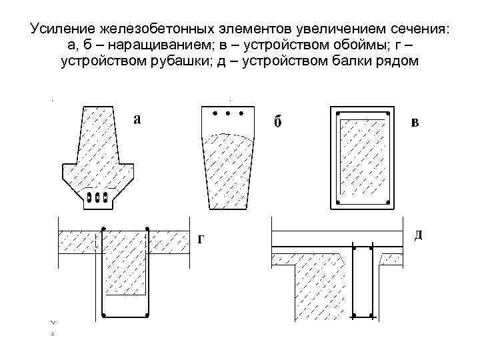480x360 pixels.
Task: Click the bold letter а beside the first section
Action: [x=137, y=119]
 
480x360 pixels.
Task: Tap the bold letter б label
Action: [x=279, y=123]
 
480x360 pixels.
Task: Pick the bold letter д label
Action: [x=418, y=235]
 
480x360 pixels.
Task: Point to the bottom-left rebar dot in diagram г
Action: [x=103, y=314]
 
